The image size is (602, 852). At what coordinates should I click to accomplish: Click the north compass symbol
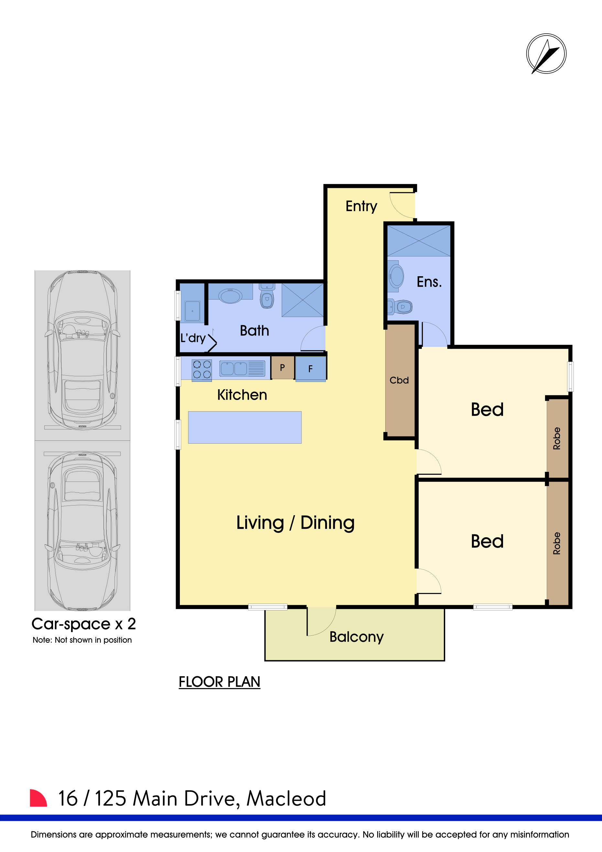(x=546, y=53)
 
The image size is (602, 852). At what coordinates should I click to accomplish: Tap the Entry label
(x=361, y=206)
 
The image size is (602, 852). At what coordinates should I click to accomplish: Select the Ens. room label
(x=429, y=282)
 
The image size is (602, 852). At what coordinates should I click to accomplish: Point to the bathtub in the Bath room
(x=231, y=296)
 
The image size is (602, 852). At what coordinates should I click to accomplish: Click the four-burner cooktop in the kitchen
(x=202, y=369)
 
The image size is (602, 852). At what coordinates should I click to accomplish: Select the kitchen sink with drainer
(x=242, y=369)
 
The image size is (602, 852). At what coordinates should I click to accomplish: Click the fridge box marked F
(x=311, y=369)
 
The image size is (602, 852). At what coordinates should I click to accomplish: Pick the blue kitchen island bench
(x=245, y=427)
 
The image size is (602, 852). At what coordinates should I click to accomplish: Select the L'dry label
(x=193, y=338)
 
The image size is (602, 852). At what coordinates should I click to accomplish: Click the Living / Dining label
(x=295, y=523)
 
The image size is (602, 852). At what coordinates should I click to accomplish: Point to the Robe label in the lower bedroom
(x=556, y=543)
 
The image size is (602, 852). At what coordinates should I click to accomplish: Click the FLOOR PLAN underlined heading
(x=219, y=682)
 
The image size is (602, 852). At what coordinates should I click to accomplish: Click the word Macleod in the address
(x=286, y=799)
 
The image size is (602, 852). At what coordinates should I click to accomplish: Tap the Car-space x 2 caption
(x=83, y=624)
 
